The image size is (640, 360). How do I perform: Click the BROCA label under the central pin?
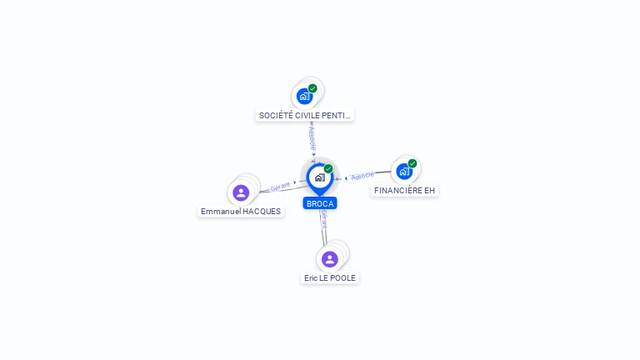click(x=320, y=203)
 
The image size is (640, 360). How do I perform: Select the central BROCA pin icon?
click(x=319, y=177)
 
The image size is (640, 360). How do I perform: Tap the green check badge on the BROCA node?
click(x=328, y=169)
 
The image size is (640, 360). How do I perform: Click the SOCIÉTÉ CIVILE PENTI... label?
click(x=305, y=115)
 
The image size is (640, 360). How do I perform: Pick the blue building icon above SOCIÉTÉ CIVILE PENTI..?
click(x=304, y=96)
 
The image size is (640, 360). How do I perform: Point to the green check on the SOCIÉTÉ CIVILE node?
click(x=312, y=88)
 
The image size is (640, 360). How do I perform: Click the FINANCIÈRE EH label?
click(x=404, y=190)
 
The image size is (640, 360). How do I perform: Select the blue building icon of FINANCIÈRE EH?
click(x=404, y=172)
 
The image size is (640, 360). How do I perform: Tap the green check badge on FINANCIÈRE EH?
click(x=412, y=164)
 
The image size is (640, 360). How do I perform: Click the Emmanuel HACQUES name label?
click(x=241, y=212)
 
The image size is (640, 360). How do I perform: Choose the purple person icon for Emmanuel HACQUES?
click(x=241, y=192)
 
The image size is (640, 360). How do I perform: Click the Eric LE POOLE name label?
click(x=330, y=277)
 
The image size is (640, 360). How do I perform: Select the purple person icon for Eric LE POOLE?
click(x=330, y=259)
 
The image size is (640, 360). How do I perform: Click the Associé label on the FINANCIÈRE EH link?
click(x=362, y=176)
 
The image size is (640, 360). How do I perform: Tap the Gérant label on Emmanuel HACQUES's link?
click(x=280, y=187)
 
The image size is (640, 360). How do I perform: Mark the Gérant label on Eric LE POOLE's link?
click(x=322, y=220)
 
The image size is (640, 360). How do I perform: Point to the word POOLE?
click(x=343, y=277)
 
